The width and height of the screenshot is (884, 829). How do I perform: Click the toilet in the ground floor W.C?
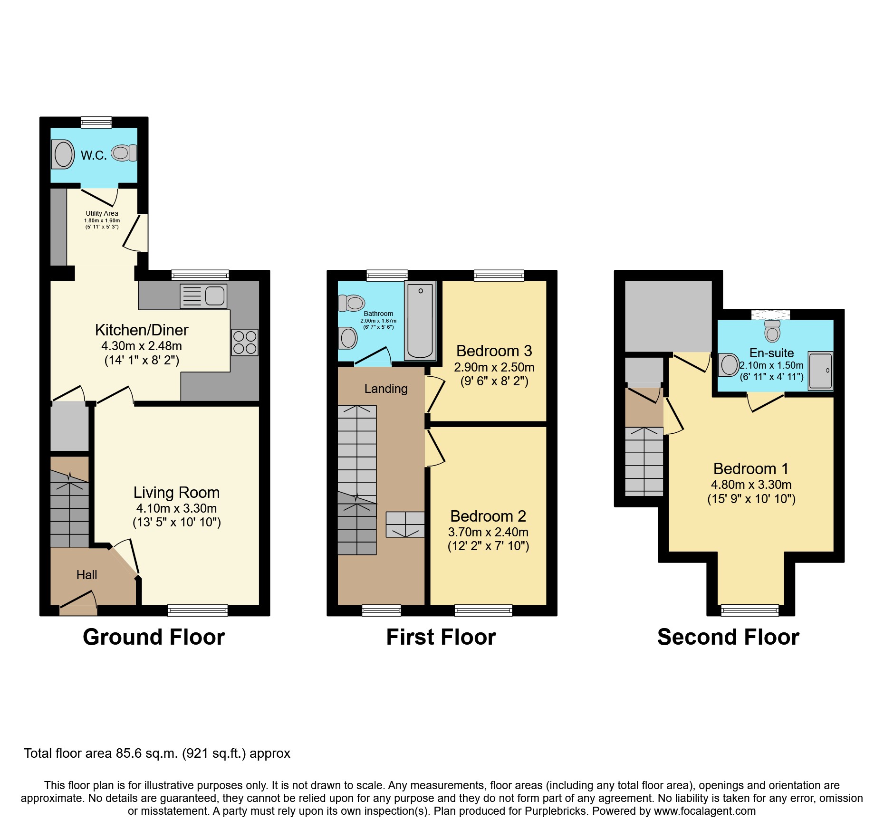coord(124,153)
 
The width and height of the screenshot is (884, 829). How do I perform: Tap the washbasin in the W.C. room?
coord(63,154)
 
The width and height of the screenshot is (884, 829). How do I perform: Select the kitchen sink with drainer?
coord(203,296)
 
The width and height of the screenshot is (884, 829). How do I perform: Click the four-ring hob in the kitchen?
coord(245,343)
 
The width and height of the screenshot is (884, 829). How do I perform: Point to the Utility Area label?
coord(102,213)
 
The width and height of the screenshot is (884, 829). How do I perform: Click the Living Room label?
coord(176,493)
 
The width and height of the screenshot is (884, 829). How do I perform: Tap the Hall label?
coord(86,575)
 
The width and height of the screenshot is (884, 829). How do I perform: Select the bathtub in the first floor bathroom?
coord(420,321)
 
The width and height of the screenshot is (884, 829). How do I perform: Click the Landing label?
coord(386,389)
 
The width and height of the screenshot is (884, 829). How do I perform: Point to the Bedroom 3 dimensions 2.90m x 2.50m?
coord(494,367)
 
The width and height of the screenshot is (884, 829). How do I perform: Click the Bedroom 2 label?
coord(488,516)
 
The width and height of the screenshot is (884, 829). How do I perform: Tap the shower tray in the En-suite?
coord(820,371)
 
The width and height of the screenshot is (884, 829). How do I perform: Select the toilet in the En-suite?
coord(772,331)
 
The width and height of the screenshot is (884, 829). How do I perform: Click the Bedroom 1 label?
coord(750,469)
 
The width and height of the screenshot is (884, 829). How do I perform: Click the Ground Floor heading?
coord(154,637)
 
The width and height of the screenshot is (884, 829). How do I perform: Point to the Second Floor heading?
coord(728,637)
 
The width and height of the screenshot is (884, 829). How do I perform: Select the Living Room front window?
coord(197,610)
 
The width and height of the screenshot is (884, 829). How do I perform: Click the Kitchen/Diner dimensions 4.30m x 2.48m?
coord(142,346)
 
